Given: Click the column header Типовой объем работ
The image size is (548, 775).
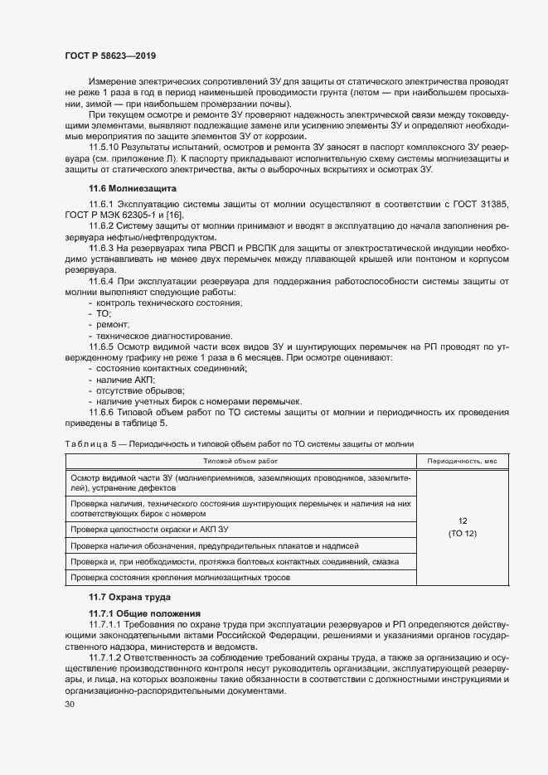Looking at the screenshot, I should [240, 460].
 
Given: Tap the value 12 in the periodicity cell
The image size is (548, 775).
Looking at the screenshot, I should [462, 521].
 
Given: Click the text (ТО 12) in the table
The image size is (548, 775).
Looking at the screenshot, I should [462, 533].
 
